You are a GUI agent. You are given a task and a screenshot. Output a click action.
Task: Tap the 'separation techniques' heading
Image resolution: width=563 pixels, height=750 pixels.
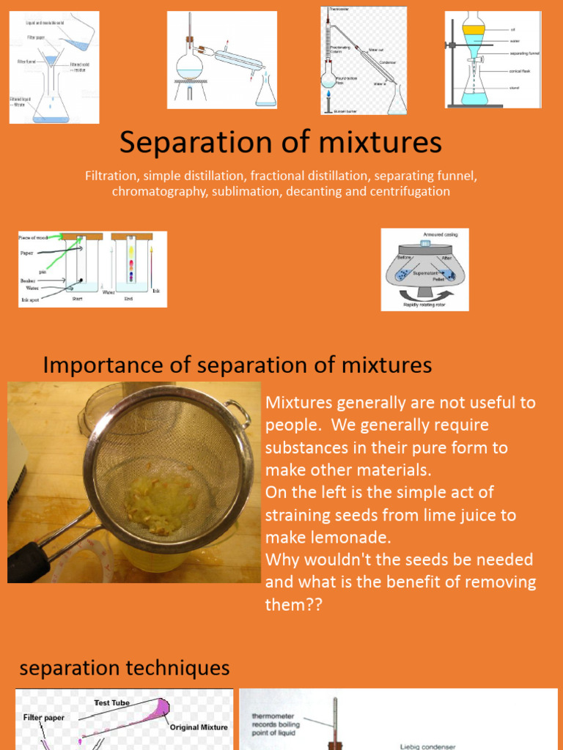124,668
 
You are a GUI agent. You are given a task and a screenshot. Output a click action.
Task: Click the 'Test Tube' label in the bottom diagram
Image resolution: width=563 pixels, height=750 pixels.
111,703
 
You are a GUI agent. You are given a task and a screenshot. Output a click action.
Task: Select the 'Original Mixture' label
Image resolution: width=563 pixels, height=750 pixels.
199,727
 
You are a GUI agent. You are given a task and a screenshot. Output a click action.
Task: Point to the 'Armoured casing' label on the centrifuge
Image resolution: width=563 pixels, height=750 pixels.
440,234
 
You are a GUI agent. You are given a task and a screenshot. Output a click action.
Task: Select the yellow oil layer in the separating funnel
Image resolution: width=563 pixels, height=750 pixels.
474,30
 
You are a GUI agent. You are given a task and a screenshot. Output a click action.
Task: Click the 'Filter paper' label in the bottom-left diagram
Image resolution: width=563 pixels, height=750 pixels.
43,718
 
